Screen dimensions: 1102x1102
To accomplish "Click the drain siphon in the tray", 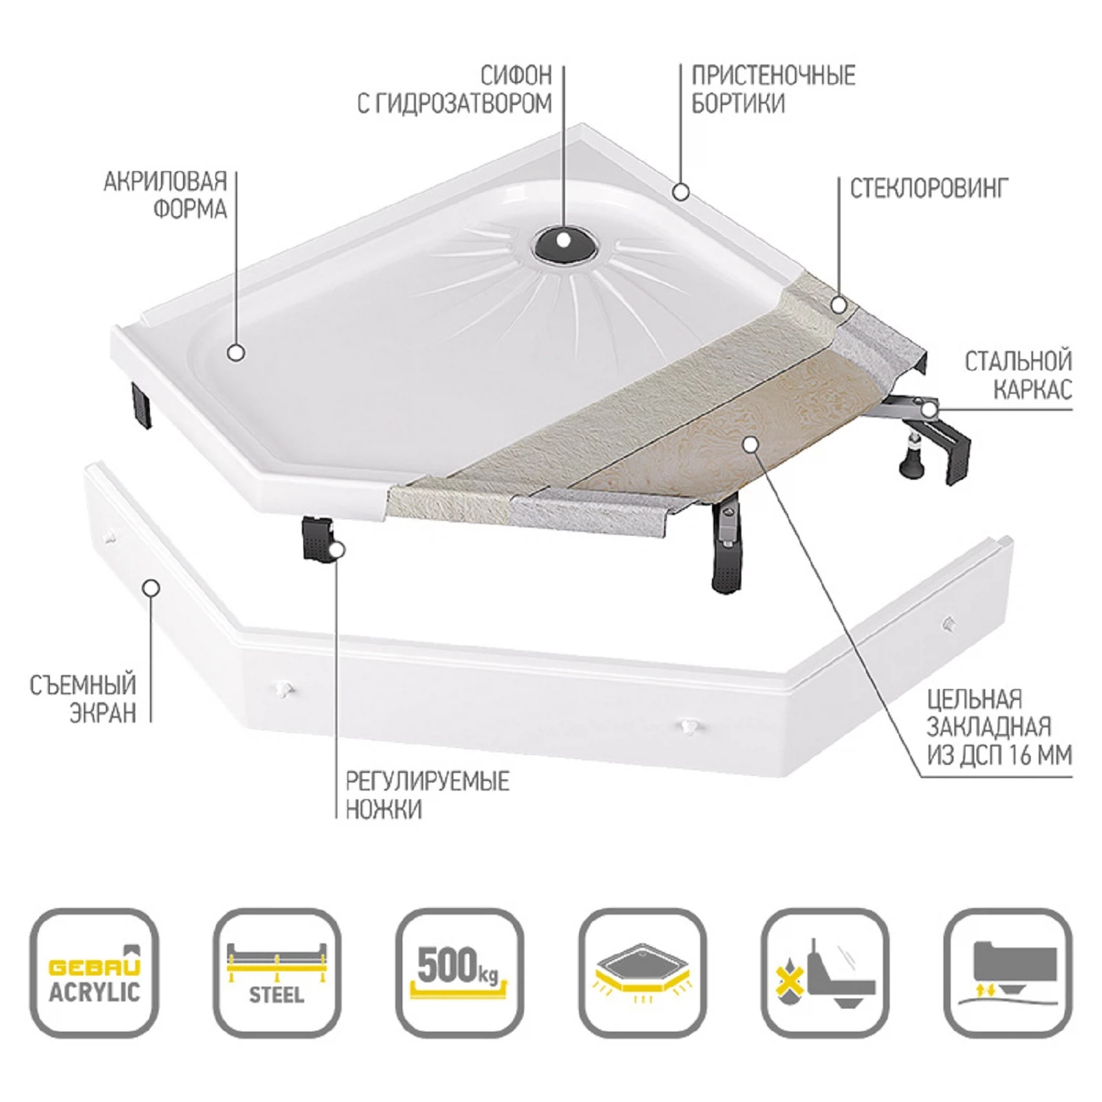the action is coord(563,243).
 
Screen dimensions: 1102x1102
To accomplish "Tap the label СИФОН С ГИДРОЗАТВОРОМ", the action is coord(455,90).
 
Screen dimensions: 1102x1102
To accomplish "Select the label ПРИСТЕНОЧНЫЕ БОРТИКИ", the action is coord(774,90).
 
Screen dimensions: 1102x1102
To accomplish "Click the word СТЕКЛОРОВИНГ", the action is coord(929,189).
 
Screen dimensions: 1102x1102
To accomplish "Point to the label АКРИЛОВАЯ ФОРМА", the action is coord(165,195).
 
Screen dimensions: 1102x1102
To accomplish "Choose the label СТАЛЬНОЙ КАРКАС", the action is coord(1018,375).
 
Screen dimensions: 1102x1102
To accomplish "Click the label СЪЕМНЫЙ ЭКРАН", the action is coord(83,699).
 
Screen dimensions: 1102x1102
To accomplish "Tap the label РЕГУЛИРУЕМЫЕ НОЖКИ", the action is coord(428,795).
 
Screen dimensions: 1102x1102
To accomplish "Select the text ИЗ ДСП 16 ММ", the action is coord(999,755).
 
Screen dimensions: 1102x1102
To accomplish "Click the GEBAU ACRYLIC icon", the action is coord(94,973).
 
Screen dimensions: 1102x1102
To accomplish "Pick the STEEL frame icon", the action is coord(277,973).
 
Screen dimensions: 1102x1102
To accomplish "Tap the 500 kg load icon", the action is coord(460,973).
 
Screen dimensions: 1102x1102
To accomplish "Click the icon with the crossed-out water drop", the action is coord(825,973).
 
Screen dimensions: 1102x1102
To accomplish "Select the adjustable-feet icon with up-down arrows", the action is coord(1008,973).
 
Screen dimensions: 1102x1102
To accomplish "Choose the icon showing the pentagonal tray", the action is coord(643,973).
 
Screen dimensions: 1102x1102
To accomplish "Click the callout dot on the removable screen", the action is coord(151,588).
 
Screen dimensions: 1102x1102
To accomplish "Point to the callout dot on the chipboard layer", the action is coord(749,444).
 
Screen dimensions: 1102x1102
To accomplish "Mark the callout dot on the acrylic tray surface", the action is coord(236,353).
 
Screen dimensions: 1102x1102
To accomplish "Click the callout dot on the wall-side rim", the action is coord(681,192).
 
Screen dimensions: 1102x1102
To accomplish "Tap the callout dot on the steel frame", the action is coord(930,408).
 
